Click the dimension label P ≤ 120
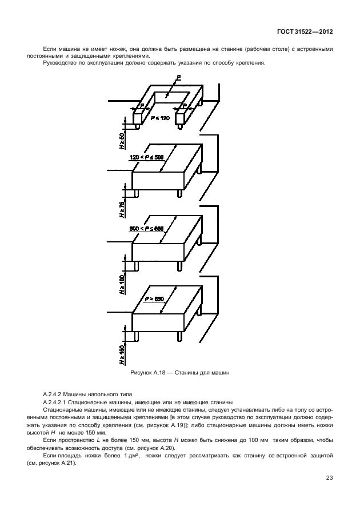point(160,118)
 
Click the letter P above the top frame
point(179,77)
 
